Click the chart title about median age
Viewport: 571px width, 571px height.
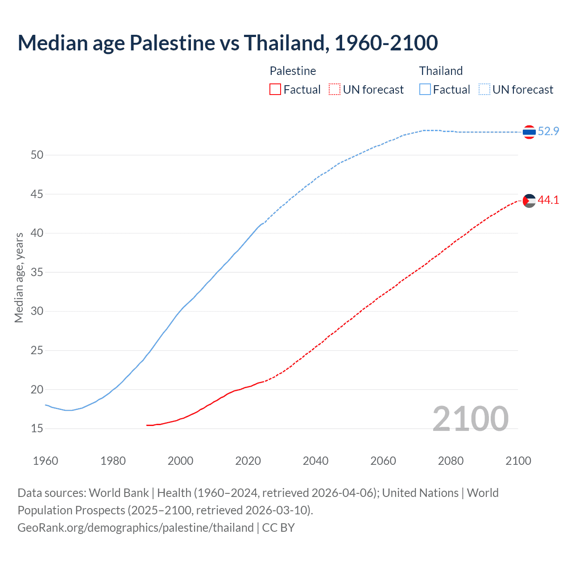[x=228, y=43]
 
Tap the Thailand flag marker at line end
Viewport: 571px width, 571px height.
[x=529, y=132]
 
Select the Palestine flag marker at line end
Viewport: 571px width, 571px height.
[x=529, y=201]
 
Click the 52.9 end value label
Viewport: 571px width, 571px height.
[x=548, y=131]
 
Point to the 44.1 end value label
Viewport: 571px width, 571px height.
[x=548, y=200]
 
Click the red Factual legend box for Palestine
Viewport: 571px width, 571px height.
[x=275, y=90]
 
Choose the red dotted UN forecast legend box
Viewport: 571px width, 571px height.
[x=335, y=90]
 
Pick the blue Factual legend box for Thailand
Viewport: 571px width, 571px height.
[x=425, y=90]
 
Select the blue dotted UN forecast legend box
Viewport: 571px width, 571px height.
[x=484, y=90]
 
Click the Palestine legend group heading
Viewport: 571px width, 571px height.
[x=293, y=71]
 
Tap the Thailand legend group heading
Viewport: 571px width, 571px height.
[x=441, y=71]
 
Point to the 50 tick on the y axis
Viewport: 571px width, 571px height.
[x=37, y=155]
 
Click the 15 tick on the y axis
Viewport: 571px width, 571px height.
[x=37, y=429]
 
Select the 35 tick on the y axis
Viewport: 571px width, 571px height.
[x=37, y=272]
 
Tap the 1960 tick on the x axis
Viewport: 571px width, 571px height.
[x=46, y=461]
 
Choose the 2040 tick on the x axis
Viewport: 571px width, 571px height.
[x=315, y=461]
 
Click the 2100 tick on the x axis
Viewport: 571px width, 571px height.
[x=518, y=461]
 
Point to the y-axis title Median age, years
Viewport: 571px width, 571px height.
[x=19, y=277]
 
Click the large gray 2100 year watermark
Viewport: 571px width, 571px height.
[x=471, y=418]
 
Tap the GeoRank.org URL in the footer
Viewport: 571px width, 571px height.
[x=136, y=528]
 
